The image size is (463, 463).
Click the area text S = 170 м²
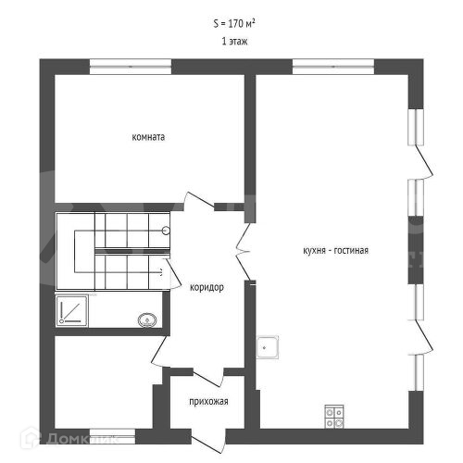tap(234, 23)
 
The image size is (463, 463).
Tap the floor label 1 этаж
tap(234, 42)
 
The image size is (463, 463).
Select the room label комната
tap(148, 137)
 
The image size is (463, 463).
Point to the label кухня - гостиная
tap(335, 250)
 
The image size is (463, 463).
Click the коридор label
tap(206, 288)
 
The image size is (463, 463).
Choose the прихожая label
tap(208, 402)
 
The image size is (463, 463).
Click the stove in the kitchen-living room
tap(334, 417)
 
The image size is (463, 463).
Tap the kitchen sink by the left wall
tap(268, 347)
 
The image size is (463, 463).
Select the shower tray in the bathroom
tap(72, 311)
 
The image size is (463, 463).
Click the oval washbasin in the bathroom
tap(147, 320)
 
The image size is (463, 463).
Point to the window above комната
tap(131, 67)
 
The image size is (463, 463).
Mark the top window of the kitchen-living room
tap(333, 67)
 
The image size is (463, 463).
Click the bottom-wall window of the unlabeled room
tap(112, 436)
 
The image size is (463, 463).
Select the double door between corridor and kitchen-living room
tap(244, 252)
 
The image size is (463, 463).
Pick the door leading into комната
tap(199, 200)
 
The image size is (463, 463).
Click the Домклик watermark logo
tap(69, 438)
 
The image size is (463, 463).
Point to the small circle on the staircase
tap(166, 231)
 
